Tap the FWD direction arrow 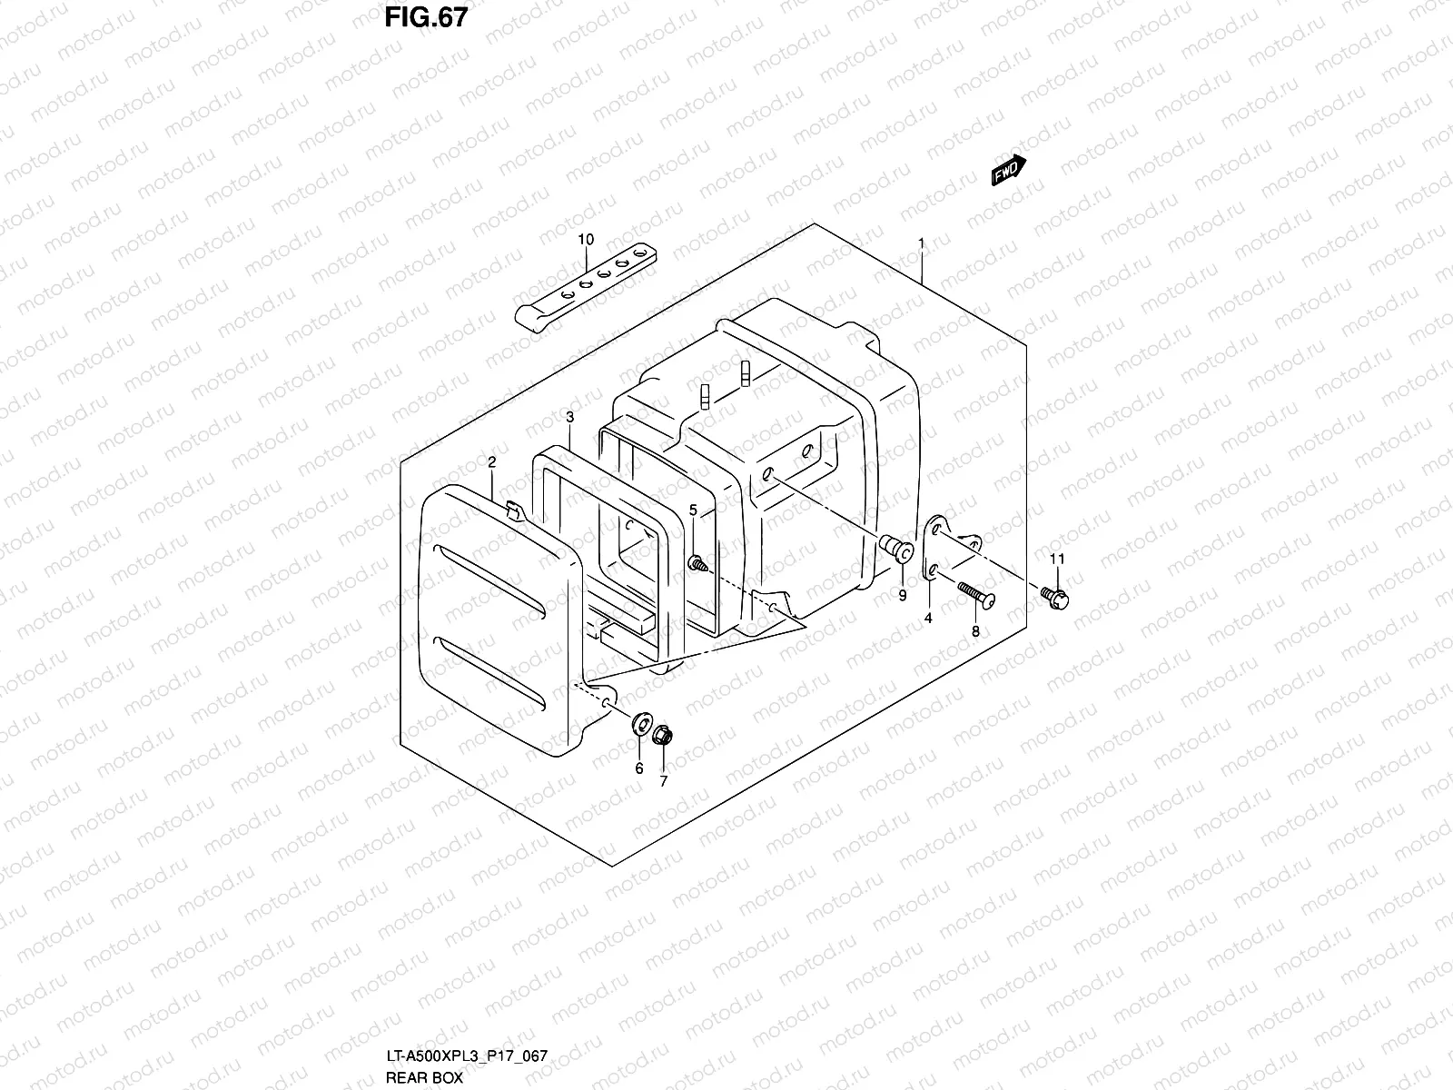(x=1008, y=170)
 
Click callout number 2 (x=491, y=463)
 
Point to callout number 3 (x=569, y=418)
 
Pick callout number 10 (x=586, y=240)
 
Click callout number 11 (x=1057, y=559)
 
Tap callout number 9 (x=903, y=596)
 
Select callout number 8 (x=975, y=630)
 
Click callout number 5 (x=693, y=511)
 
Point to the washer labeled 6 (x=641, y=725)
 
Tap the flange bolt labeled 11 (x=1056, y=597)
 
